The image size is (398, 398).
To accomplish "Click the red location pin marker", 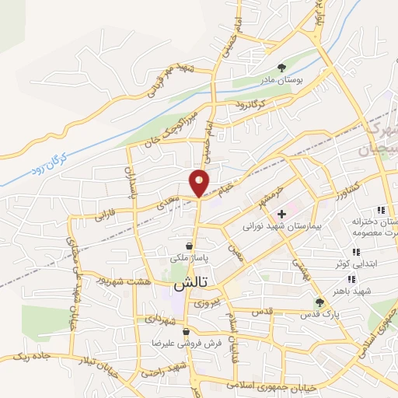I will pos(199,183).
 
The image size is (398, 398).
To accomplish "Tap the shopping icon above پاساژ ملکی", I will pos(188,245).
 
